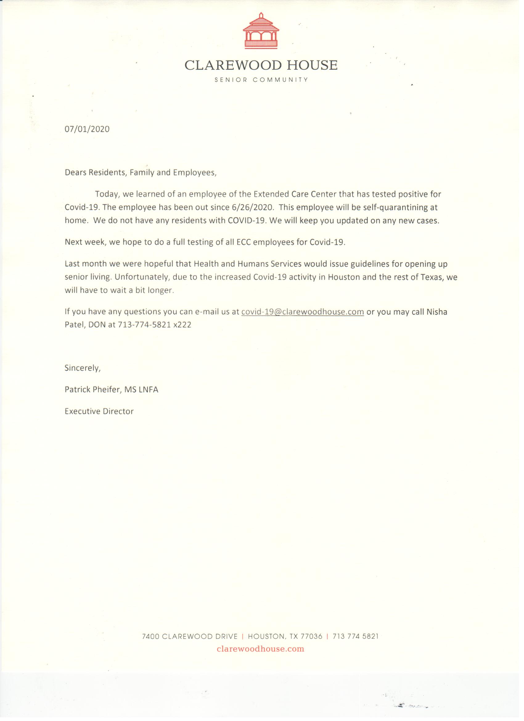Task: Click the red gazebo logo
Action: pyautogui.click(x=261, y=31)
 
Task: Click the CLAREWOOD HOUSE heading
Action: pyautogui.click(x=261, y=65)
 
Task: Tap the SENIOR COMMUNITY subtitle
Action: pyautogui.click(x=261, y=80)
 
